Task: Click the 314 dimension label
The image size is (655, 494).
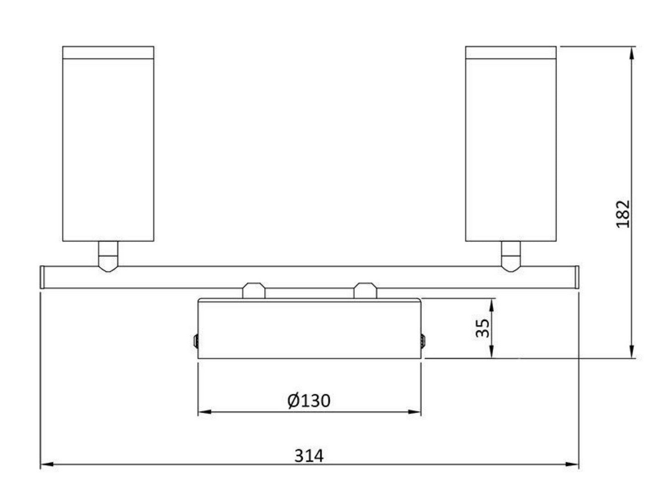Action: (309, 456)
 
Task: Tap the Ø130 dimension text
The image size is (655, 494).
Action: (309, 401)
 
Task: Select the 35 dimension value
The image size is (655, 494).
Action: (482, 328)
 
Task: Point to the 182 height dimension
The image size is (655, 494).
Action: (623, 214)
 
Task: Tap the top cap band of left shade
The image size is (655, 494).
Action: (108, 53)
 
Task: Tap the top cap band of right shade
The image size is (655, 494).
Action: (511, 53)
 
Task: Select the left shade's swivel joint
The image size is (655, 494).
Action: (108, 257)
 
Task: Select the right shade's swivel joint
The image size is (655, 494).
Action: (511, 257)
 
